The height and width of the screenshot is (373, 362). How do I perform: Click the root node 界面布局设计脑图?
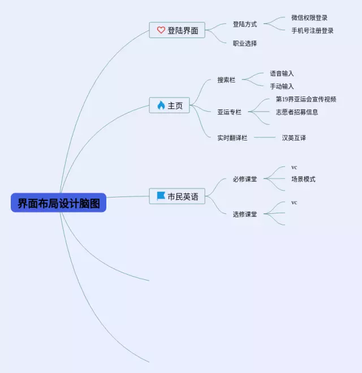58,203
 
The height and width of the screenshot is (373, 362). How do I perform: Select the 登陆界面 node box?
177,30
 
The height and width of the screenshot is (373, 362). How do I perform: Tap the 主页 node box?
169,106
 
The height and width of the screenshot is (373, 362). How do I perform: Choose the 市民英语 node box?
177,196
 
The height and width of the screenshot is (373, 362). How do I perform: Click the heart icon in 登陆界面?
161,30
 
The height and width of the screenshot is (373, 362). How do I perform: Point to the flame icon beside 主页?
161,106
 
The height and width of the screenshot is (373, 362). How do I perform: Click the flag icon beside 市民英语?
161,196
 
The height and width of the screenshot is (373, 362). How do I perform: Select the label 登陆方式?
245,24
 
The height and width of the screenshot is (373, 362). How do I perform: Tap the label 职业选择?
245,43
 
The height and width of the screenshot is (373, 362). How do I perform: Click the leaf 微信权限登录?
309,18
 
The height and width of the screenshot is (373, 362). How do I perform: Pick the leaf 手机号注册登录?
312,30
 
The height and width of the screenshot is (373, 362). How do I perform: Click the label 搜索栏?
226,80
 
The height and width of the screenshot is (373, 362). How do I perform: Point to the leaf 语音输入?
282,73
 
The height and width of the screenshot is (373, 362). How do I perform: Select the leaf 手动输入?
282,86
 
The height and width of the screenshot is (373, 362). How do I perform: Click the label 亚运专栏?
229,112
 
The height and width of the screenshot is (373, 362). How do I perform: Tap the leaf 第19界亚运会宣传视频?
306,99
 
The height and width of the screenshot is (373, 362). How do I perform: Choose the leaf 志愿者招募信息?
297,112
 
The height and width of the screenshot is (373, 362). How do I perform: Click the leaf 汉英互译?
294,138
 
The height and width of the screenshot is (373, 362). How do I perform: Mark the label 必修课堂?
245,179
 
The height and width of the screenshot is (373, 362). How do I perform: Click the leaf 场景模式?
303,179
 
